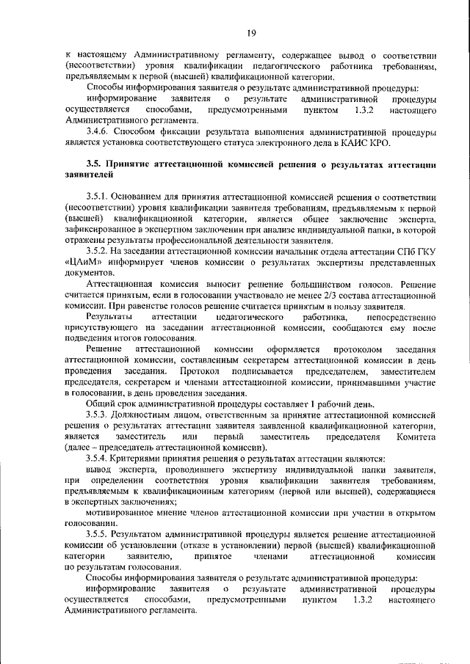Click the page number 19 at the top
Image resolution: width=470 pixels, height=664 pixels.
[251, 32]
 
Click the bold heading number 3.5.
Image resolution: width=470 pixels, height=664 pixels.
[93, 166]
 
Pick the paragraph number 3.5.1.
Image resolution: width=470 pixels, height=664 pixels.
[99, 197]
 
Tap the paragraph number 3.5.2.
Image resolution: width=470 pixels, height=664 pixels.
[99, 251]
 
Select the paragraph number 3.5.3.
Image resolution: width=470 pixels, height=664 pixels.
[99, 415]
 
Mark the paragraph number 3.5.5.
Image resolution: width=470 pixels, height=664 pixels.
[99, 535]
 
